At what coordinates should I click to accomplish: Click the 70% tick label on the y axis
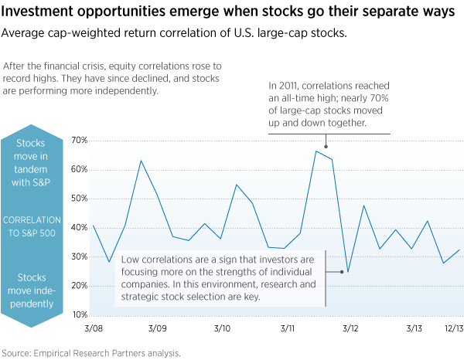(x=80, y=141)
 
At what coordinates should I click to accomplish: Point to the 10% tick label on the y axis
(x=80, y=315)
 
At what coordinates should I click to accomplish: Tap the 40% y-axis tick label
(x=80, y=228)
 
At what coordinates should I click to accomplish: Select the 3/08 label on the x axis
(x=93, y=329)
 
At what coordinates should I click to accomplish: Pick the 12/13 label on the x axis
(x=452, y=329)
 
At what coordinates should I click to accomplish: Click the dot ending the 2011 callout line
(x=326, y=147)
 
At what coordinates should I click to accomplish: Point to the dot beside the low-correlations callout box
(x=341, y=271)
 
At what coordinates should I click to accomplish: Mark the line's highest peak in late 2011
(x=316, y=151)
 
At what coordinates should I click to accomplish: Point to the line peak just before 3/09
(x=141, y=161)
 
